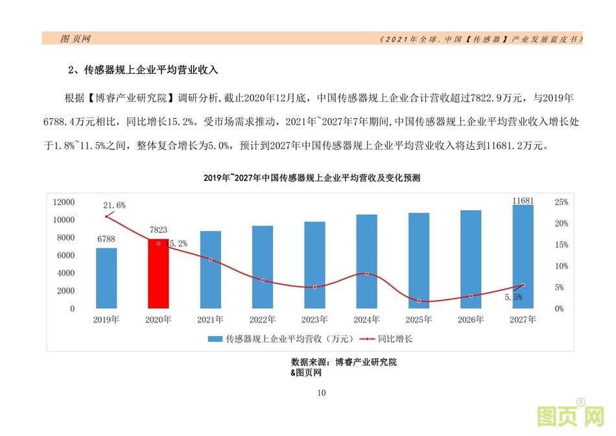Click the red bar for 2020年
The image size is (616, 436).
158,274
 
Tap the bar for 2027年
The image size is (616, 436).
523,256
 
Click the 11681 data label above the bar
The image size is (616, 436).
523,201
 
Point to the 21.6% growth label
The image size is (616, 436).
114,205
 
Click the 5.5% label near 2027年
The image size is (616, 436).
513,297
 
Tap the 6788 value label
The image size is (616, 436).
106,239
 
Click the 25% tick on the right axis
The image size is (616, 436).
562,202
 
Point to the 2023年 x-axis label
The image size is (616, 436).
314,320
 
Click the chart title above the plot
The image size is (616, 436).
312,177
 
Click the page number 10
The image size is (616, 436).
322,393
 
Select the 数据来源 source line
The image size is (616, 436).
344,362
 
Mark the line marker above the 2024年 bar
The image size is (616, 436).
366,274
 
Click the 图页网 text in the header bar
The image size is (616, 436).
75,39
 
